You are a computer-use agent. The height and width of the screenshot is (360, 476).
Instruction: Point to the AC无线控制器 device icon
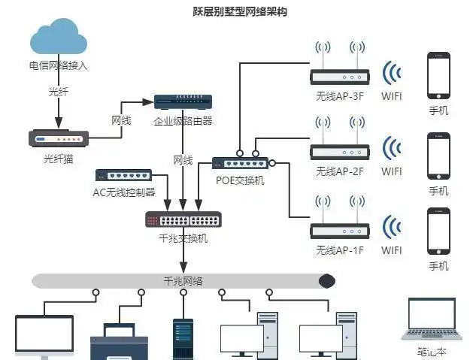(124, 174)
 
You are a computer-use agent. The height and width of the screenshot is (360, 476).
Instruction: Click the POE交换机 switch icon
(239, 162)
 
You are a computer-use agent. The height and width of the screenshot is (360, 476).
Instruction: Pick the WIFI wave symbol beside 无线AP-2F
(391, 149)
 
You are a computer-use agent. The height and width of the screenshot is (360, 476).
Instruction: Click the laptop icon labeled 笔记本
(432, 319)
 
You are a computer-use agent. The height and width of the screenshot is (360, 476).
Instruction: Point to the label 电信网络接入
(58, 65)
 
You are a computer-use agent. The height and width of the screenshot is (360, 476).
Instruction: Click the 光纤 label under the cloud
(58, 92)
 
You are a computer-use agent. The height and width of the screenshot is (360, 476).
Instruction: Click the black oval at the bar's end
(326, 281)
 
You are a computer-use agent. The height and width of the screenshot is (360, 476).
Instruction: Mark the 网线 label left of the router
(122, 120)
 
